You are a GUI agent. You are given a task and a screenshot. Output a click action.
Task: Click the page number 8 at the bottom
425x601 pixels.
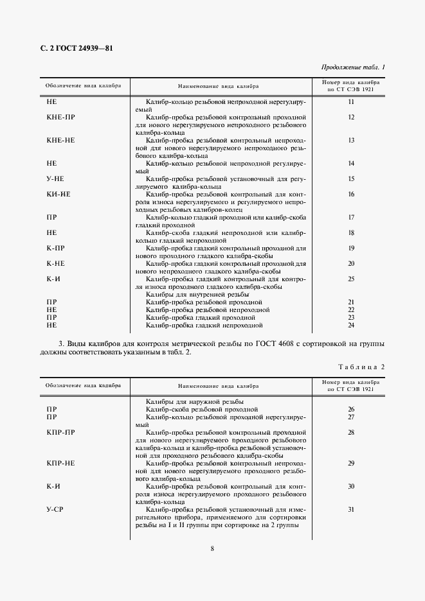(x=212, y=548)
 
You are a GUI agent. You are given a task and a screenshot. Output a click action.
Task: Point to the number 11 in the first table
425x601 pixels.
(x=351, y=102)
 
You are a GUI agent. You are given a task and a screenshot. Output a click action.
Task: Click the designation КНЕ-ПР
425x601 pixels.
(x=61, y=118)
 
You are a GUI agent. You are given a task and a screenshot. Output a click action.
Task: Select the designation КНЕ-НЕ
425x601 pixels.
(x=61, y=140)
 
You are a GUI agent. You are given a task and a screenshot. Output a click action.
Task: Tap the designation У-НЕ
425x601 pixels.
(x=55, y=179)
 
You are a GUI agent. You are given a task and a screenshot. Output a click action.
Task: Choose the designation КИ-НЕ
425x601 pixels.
(x=59, y=194)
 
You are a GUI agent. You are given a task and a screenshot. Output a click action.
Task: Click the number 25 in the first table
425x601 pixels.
(x=351, y=279)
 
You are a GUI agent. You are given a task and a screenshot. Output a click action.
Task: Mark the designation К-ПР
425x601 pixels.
(x=56, y=248)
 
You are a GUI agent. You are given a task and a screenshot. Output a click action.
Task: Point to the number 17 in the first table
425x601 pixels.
(x=351, y=217)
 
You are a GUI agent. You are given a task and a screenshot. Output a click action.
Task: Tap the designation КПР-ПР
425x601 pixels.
(x=61, y=432)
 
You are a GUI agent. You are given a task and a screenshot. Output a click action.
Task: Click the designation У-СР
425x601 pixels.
(x=55, y=509)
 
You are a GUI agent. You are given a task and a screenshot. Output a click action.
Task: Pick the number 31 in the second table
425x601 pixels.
(x=351, y=509)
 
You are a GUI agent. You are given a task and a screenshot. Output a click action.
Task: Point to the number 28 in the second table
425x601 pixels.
(x=351, y=432)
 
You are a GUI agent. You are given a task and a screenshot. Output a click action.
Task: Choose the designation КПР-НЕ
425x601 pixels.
(x=61, y=463)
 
